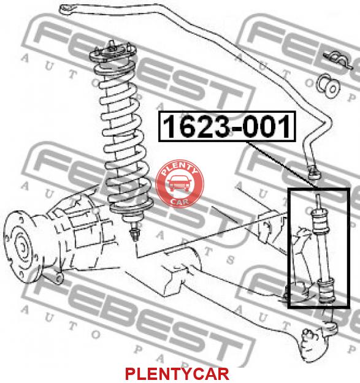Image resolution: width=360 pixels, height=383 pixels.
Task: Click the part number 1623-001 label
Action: click(x=227, y=126)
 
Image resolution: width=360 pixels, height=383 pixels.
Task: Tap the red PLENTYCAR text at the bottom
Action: click(x=177, y=374)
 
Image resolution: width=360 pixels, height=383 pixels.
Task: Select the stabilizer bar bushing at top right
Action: click(x=329, y=86)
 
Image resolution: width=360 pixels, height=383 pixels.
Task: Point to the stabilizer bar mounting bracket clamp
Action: click(x=339, y=60)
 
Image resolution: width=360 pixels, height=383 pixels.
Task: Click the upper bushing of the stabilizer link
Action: click(x=320, y=222)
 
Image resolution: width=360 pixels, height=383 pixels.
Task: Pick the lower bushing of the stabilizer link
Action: click(x=326, y=290)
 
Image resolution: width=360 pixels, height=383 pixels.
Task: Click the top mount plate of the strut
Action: click(x=113, y=53)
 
